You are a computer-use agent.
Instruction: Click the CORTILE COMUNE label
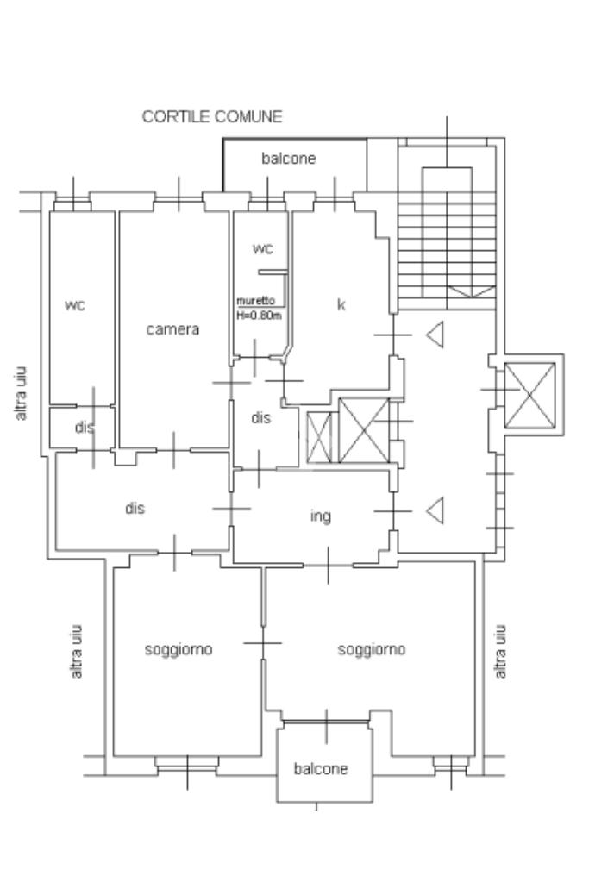click(211, 116)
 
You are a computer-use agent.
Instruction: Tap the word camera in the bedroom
click(172, 329)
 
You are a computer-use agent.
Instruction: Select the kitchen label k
click(341, 304)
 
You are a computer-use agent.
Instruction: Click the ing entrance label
click(321, 516)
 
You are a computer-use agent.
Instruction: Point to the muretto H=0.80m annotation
click(259, 309)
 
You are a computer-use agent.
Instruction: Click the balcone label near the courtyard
click(289, 159)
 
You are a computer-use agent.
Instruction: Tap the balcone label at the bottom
click(321, 768)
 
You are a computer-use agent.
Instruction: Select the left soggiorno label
click(179, 650)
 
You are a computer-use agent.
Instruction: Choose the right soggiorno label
click(372, 650)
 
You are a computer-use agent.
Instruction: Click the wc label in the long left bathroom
click(75, 305)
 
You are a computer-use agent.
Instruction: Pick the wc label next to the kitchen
click(262, 248)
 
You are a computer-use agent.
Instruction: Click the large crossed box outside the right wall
click(530, 396)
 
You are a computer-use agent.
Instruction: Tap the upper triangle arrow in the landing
click(435, 335)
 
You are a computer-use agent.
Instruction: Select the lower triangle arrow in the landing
click(435, 510)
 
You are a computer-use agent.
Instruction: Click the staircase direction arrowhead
click(472, 292)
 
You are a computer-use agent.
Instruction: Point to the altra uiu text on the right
click(499, 652)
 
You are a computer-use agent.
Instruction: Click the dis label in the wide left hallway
click(135, 509)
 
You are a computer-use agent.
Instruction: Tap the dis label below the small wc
click(261, 418)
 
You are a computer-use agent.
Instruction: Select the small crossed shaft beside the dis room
click(320, 437)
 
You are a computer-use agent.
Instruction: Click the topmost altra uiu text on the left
click(21, 394)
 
